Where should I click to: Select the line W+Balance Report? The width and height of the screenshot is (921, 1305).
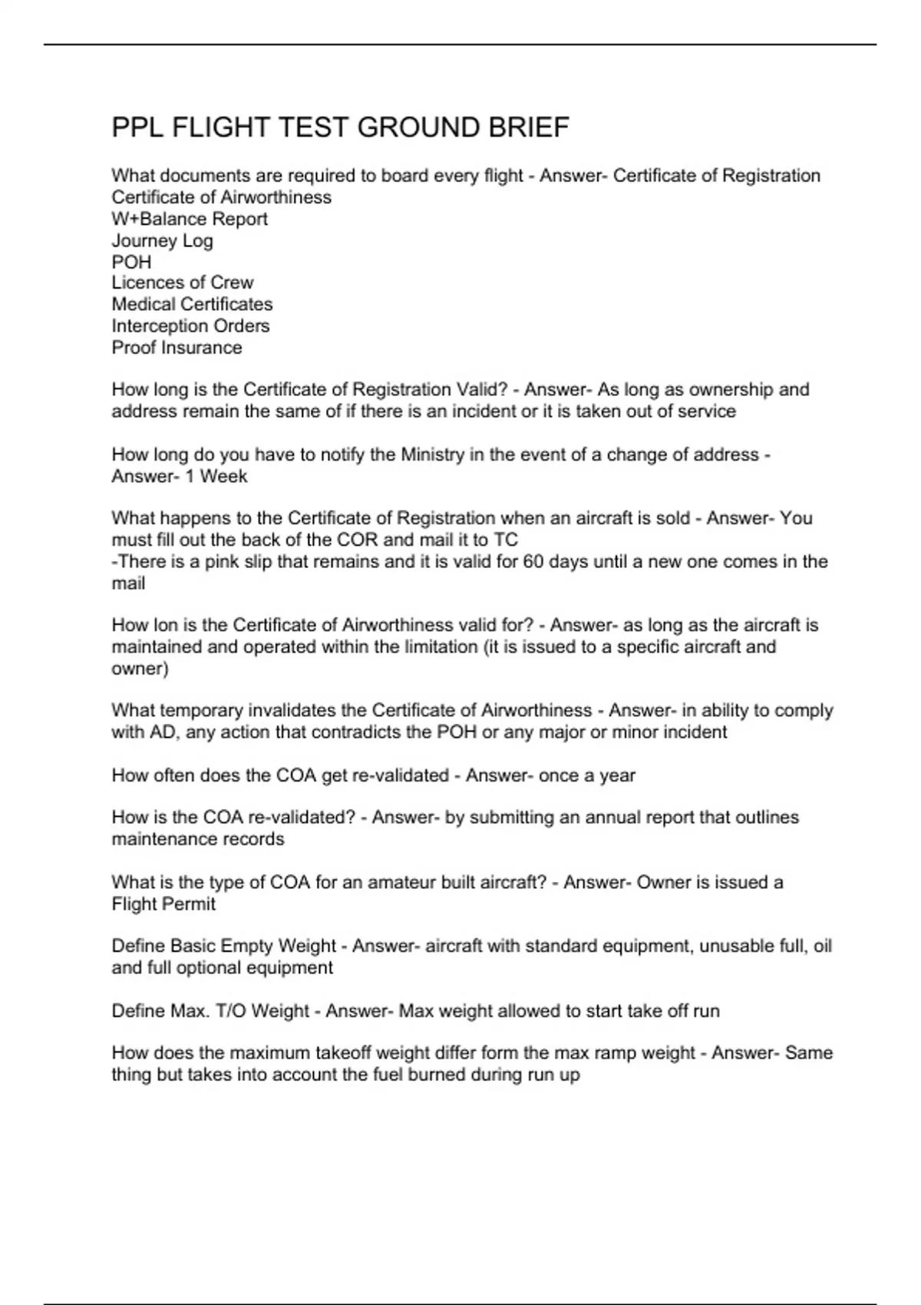click(x=190, y=219)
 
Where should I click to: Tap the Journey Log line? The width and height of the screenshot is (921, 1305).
click(x=162, y=240)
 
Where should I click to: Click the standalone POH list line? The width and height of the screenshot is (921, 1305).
click(x=131, y=262)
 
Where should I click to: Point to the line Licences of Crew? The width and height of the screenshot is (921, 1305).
click(x=182, y=282)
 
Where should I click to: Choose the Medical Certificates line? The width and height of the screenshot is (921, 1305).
click(x=192, y=304)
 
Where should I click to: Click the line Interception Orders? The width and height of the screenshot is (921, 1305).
click(x=190, y=325)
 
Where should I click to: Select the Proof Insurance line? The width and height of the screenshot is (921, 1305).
click(x=177, y=347)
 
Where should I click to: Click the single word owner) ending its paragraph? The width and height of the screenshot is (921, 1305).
click(x=140, y=668)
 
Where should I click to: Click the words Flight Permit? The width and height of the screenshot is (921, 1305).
click(x=163, y=904)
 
